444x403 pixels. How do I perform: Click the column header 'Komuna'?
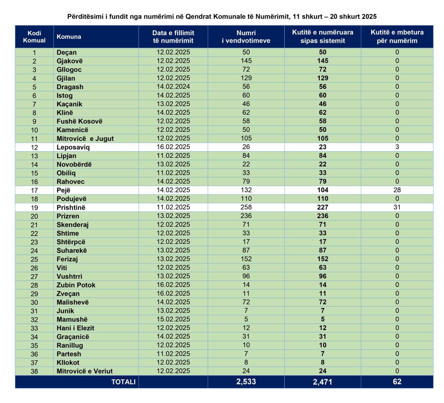[69, 37]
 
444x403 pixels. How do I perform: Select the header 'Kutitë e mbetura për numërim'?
[397, 37]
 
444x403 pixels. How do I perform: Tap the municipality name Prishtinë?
[71, 207]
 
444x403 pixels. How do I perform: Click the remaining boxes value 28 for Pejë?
[397, 190]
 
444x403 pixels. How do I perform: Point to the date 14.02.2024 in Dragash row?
[173, 86]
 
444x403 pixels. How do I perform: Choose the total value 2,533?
[246, 382]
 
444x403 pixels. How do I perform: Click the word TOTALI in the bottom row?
[123, 382]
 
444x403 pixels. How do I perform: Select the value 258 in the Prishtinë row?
[246, 207]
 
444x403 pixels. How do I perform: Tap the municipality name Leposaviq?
[73, 147]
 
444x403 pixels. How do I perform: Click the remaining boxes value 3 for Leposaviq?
[397, 147]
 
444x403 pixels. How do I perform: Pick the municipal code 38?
[34, 371]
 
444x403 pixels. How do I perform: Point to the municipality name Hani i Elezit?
[75, 328]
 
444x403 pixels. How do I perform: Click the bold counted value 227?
[323, 207]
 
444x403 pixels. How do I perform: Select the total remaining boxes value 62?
[397, 382]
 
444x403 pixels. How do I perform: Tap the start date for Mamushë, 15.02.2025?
[173, 319]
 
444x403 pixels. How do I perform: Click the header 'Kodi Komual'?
[34, 37]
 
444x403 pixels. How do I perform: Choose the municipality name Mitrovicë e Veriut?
[85, 371]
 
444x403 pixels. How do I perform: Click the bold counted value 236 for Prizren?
[323, 216]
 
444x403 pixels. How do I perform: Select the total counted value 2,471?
[323, 382]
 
